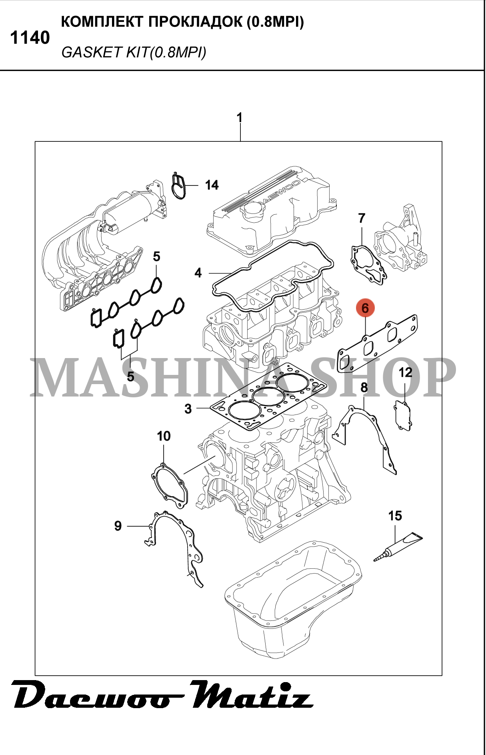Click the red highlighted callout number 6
(x=365, y=308)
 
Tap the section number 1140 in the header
(x=30, y=38)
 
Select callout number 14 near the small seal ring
(x=212, y=185)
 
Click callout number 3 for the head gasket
(x=188, y=409)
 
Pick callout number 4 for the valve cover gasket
(x=198, y=273)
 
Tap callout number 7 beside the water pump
(x=362, y=218)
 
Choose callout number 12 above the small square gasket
(x=405, y=372)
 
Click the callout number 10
(x=164, y=436)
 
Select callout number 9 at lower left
(x=118, y=526)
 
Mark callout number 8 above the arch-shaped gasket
(x=364, y=387)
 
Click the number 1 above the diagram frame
(x=240, y=118)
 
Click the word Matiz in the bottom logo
(x=251, y=696)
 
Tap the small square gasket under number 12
(x=403, y=416)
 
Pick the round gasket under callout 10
(x=170, y=485)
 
